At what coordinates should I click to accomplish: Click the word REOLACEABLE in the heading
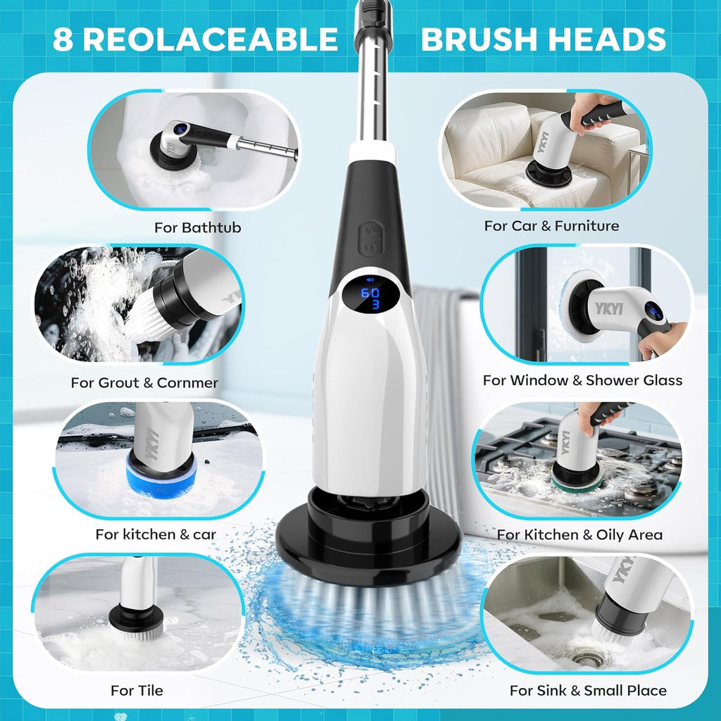(210, 39)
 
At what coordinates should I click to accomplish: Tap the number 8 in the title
(63, 39)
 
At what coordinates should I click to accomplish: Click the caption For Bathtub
(197, 227)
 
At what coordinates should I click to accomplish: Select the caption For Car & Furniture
(551, 226)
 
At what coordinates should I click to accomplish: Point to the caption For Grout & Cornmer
(144, 383)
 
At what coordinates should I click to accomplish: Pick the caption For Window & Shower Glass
(582, 380)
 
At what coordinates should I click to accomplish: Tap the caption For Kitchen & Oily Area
(579, 534)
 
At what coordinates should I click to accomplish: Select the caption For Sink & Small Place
(588, 690)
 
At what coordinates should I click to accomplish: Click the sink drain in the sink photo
(586, 658)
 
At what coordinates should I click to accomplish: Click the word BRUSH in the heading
(486, 39)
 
